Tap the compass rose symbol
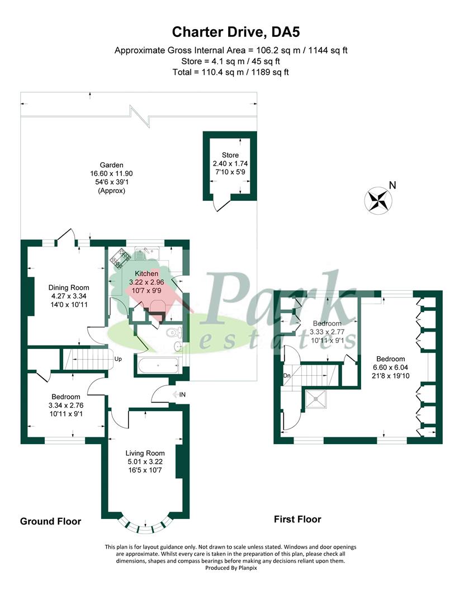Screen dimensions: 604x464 (378, 200)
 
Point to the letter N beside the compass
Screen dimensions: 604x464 (392, 186)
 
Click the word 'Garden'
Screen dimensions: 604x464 (111, 165)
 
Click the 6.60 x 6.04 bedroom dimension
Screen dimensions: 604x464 (391, 367)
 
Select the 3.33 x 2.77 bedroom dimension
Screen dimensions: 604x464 (327, 332)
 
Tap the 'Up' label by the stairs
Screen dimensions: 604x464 (118, 358)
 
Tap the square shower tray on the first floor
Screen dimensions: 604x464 (317, 399)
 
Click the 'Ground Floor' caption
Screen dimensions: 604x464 (51, 521)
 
